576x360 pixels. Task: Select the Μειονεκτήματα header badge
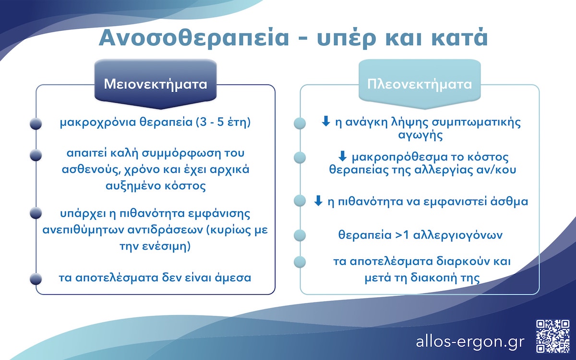point(156,84)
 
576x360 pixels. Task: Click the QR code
point(551,335)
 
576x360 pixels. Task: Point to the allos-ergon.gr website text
point(470,342)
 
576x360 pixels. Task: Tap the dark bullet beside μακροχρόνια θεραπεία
point(36,124)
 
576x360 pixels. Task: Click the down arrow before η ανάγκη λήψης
point(325,122)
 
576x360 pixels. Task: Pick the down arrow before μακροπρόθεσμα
point(343,156)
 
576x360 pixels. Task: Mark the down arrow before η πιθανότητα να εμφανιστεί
point(318,201)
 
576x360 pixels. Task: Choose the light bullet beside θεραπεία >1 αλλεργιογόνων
point(300,236)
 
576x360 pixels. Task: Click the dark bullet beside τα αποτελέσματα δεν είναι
point(36,278)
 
